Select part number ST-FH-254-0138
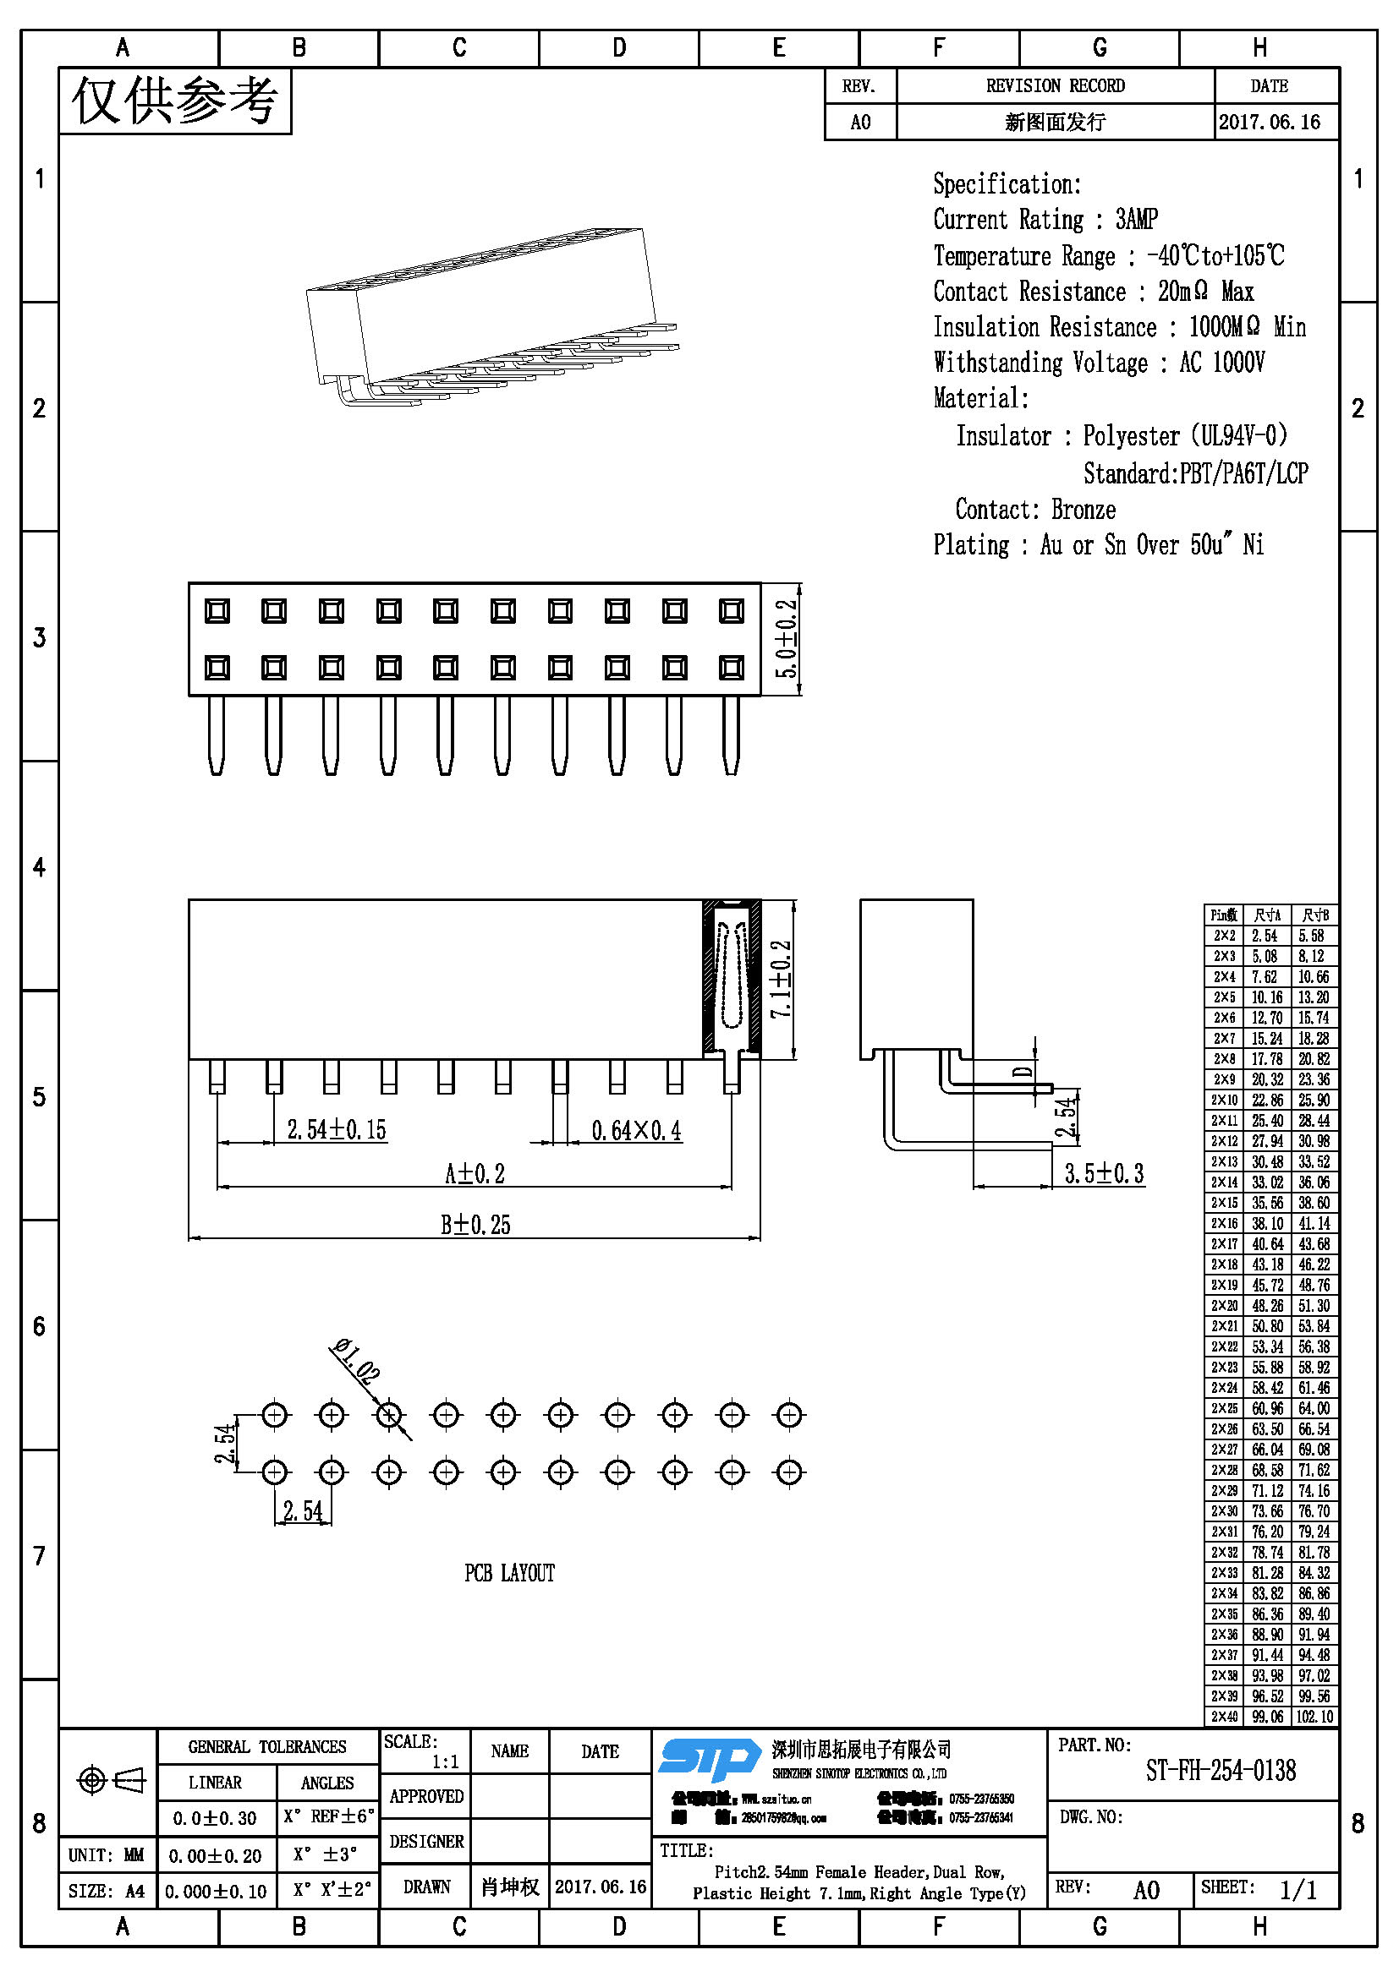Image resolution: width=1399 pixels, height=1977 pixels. click(x=1220, y=1771)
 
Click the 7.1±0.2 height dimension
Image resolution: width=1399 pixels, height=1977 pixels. click(x=781, y=979)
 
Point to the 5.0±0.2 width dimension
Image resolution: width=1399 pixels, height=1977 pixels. click(x=787, y=638)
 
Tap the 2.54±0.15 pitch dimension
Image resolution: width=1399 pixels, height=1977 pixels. click(x=336, y=1130)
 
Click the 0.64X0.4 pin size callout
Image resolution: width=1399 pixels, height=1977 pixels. click(x=636, y=1131)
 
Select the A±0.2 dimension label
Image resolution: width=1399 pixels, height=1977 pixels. click(x=474, y=1174)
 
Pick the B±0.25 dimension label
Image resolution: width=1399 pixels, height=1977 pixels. click(x=475, y=1225)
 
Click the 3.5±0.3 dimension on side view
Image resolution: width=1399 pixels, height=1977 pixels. click(x=1104, y=1174)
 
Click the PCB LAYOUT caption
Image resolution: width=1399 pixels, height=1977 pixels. click(x=509, y=1573)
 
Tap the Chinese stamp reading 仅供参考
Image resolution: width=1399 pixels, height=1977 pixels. click(x=175, y=101)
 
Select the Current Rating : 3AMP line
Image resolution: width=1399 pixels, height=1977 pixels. click(x=1045, y=220)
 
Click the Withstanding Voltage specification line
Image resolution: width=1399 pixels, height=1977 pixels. click(x=1099, y=363)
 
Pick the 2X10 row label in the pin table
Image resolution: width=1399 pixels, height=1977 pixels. click(x=1224, y=1100)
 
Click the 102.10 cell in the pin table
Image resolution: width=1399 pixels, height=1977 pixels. click(x=1314, y=1716)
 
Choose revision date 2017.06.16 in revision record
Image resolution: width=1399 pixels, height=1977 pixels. click(x=1269, y=123)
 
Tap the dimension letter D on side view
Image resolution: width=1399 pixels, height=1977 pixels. click(x=1023, y=1072)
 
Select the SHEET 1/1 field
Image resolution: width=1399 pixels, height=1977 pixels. click(x=1265, y=1889)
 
